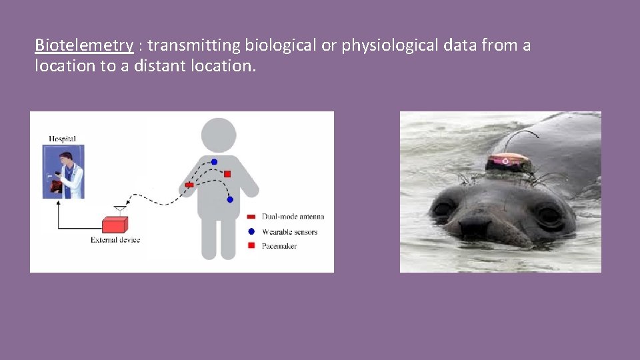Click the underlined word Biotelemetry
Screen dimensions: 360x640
[x=84, y=46]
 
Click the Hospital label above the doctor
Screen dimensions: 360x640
[x=63, y=139]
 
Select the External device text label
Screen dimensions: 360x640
[x=115, y=240]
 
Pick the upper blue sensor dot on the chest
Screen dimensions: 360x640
[x=214, y=162]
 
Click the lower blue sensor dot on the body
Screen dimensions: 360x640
[x=230, y=199]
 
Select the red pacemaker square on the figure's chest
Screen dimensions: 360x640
[x=227, y=174]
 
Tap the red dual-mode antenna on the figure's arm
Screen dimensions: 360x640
[x=189, y=185]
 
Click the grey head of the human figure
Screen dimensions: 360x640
[x=219, y=134]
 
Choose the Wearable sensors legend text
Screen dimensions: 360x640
[x=289, y=232]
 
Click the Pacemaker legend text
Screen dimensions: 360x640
[x=279, y=247]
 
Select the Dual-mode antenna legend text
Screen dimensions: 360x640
[x=293, y=217]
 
